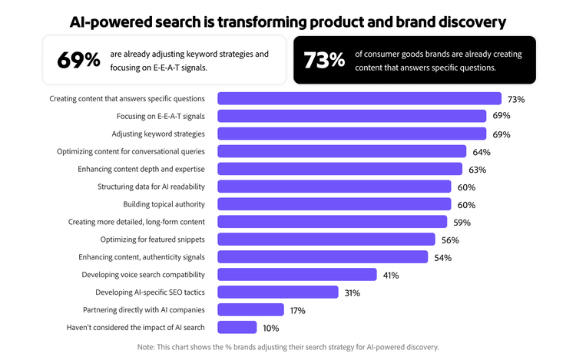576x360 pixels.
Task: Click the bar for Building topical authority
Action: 334,204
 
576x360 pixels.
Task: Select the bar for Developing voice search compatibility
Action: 297,275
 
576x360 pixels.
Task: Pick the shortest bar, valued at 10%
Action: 237,328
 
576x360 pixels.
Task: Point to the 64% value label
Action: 482,152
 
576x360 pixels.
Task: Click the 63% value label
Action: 478,170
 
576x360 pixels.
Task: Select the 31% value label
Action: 352,293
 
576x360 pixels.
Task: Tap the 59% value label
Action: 462,223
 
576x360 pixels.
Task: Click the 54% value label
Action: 442,258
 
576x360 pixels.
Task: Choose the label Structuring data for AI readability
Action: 151,187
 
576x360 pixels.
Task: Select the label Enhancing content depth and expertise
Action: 141,169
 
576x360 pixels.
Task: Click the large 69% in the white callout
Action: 78,60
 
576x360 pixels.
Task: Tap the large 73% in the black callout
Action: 324,60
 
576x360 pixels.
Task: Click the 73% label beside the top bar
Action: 516,99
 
